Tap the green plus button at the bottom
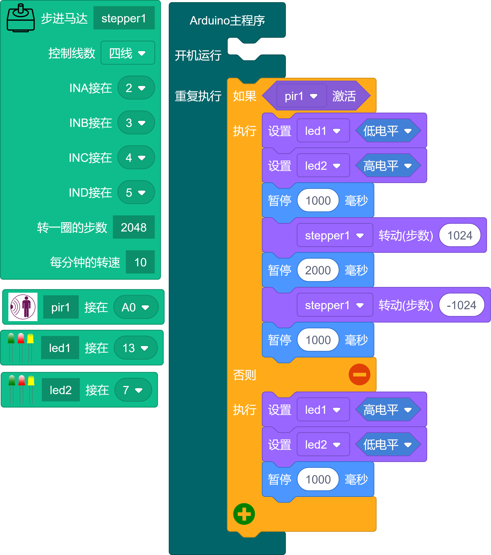(244, 514)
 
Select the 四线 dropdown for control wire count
(127, 53)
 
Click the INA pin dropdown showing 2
(136, 88)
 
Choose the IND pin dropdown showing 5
(136, 192)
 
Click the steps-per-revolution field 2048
(133, 227)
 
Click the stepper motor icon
(21, 18)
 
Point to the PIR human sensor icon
(23, 307)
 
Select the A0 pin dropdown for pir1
(135, 307)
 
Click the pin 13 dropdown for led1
(135, 348)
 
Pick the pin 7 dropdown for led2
(133, 390)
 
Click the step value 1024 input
(460, 235)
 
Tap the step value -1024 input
(461, 305)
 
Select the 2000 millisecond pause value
(318, 270)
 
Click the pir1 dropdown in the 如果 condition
(301, 96)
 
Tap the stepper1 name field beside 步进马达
(124, 18)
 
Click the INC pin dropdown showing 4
(136, 157)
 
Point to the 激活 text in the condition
(344, 96)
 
